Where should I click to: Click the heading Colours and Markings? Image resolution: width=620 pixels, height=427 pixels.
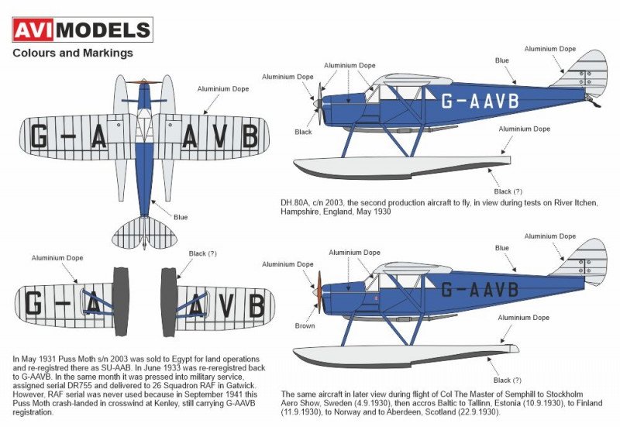[73, 53]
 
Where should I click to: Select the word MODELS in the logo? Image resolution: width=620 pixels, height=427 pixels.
[104, 30]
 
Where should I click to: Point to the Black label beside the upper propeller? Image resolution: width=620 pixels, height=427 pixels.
[304, 132]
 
